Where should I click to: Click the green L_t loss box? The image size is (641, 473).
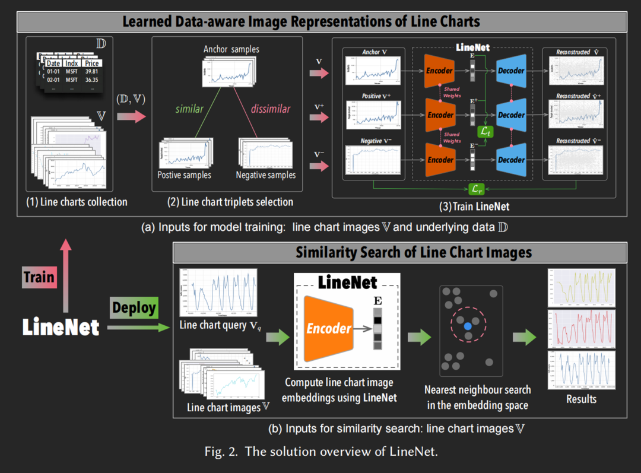pos(486,130)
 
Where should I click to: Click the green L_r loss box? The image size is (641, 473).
pos(477,189)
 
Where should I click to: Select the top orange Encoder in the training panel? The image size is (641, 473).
pos(440,71)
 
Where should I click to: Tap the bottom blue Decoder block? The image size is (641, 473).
pos(511,159)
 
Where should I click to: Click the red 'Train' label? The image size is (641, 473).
pos(40,277)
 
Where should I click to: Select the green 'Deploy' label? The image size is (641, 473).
pos(134,308)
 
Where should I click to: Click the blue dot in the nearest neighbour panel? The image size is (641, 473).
pos(468,326)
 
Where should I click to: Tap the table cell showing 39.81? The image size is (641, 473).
pos(91,71)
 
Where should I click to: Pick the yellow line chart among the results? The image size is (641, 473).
pos(581,287)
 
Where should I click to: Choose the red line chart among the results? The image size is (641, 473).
pos(581,328)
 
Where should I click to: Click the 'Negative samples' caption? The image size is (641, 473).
pos(265,175)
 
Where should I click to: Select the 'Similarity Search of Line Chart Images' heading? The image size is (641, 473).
pos(414,252)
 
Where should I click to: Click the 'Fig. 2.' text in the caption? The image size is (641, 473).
pos(220,452)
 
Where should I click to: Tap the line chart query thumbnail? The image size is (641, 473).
pos(218,293)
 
